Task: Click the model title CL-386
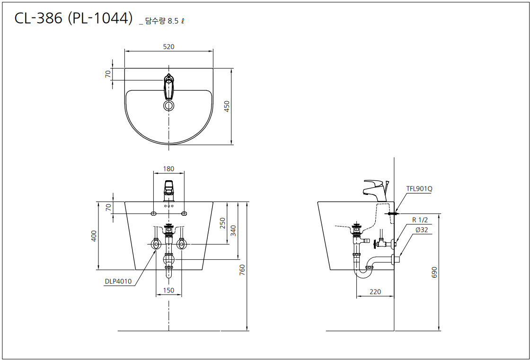click(x=38, y=18)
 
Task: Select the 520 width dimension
click(x=168, y=47)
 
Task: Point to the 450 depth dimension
click(x=227, y=106)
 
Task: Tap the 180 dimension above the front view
click(x=168, y=168)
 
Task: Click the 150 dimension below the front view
click(x=168, y=290)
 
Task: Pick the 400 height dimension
click(x=94, y=236)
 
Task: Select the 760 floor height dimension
click(x=242, y=270)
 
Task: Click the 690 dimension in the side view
click(x=434, y=272)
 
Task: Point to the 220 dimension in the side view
click(x=375, y=292)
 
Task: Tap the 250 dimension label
click(x=222, y=223)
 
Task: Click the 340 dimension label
click(x=233, y=230)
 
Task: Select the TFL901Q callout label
click(x=419, y=189)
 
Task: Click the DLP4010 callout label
click(x=118, y=281)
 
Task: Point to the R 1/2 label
click(x=420, y=220)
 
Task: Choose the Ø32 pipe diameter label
click(x=422, y=230)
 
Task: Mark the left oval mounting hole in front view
click(x=153, y=213)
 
